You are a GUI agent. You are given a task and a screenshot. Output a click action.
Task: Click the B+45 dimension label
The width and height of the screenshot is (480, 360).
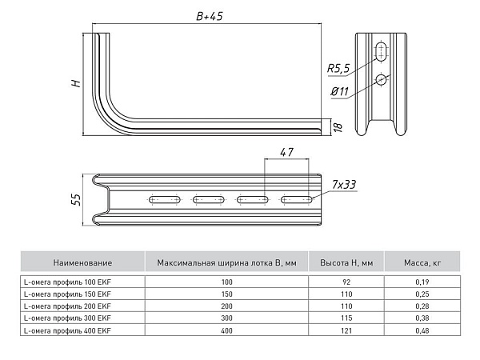coord(210,16)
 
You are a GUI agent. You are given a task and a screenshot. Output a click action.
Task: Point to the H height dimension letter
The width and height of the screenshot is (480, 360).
coord(76,83)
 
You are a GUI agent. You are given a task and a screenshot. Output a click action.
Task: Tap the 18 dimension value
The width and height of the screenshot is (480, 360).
coord(338,126)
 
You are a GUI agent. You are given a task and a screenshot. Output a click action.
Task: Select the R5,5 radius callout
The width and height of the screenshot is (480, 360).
coord(338,68)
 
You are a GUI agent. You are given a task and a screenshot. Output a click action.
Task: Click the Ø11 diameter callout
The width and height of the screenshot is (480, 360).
coord(340,91)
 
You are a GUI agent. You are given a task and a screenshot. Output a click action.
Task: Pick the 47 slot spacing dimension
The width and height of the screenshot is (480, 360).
coord(286,152)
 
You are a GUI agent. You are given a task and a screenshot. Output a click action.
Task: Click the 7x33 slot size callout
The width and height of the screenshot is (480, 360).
coord(344,185)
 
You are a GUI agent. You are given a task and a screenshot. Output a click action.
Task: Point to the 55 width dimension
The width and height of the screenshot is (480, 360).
coord(76,199)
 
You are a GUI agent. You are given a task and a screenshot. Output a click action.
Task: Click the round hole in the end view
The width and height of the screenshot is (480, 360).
coord(382,80)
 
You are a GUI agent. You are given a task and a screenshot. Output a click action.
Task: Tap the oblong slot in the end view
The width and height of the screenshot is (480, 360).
coord(382,52)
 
